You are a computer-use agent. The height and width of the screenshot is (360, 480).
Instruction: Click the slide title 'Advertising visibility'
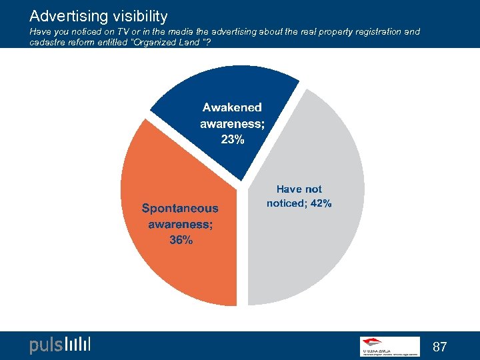(x=98, y=15)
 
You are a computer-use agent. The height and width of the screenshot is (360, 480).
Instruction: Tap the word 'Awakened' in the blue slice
(x=232, y=107)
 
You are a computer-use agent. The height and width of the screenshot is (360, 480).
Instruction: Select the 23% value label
(x=233, y=139)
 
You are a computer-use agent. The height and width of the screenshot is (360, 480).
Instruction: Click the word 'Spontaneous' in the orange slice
(x=179, y=208)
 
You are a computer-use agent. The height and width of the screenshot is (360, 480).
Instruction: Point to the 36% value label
(x=181, y=241)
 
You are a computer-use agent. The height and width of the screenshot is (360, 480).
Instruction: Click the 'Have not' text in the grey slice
(x=299, y=189)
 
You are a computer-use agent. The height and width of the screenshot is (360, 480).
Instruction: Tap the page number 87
(x=439, y=347)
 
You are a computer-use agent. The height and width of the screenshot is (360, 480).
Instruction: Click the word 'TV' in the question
(x=122, y=32)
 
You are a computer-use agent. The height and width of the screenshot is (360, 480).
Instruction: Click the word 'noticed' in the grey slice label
(x=285, y=203)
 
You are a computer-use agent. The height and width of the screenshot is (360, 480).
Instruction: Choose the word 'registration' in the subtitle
(x=374, y=32)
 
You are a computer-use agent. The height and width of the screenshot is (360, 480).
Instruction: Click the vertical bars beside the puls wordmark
(x=78, y=345)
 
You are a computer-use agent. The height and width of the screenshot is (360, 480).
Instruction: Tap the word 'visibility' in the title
(x=135, y=15)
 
